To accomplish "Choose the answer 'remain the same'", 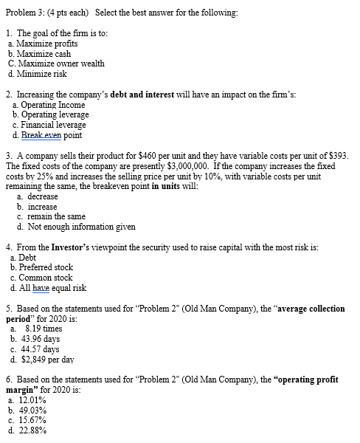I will pyautogui.click(x=57, y=217).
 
